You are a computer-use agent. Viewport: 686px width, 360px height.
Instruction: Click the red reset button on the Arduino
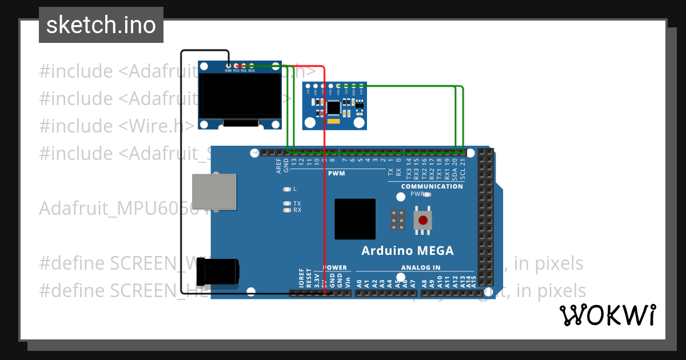[423, 220]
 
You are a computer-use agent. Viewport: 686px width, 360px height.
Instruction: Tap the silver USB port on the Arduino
[214, 191]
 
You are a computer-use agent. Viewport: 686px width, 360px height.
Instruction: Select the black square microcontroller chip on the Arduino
[355, 219]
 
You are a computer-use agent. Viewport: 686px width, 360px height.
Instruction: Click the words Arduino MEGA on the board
[408, 251]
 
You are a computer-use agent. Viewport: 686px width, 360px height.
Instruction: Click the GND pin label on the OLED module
[228, 70]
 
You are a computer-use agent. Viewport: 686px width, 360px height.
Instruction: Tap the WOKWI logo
[607, 315]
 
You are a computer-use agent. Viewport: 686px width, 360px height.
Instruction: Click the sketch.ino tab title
[101, 25]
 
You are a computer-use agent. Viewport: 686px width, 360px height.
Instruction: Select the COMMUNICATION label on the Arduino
[432, 186]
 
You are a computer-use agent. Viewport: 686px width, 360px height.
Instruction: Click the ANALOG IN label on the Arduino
[420, 267]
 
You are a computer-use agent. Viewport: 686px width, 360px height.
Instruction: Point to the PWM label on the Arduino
[336, 173]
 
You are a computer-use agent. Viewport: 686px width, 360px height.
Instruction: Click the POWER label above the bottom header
[334, 267]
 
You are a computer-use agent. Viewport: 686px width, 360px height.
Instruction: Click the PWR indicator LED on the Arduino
[426, 194]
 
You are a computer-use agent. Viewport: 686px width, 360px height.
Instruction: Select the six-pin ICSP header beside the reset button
[398, 220]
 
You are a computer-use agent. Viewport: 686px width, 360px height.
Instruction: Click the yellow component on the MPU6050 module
[334, 121]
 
